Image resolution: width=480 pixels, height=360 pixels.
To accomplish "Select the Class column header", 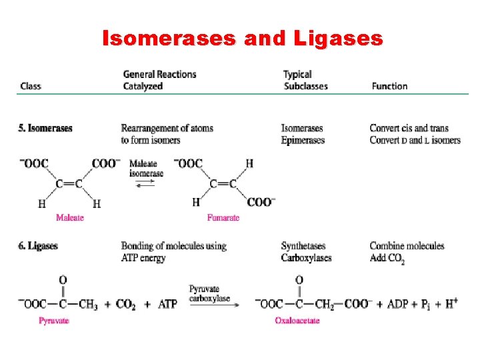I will tap(31, 86).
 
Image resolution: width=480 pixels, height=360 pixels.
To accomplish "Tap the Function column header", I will tap(389, 86).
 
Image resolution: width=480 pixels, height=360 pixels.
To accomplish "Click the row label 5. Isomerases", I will tap(45, 128).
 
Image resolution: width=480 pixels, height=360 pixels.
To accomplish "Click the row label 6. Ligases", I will tap(38, 246).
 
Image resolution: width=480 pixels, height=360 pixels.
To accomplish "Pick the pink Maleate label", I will tap(69, 217).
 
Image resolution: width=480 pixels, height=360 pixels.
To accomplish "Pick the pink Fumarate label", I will tap(223, 217).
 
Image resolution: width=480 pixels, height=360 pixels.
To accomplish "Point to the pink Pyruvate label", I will tap(54, 321).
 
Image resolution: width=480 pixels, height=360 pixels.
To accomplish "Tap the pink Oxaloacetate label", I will tap(297, 321).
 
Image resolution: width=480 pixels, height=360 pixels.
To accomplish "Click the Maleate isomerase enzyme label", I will tap(145, 168).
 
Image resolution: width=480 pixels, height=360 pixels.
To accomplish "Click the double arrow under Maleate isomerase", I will tap(145, 183).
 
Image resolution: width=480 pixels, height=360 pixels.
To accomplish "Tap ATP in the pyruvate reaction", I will tap(167, 305).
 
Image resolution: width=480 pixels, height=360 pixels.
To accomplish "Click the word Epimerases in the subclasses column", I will tap(303, 140).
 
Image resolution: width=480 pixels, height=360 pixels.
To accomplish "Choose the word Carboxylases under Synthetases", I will tap(306, 258).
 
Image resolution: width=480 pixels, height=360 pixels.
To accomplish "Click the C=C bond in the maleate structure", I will tap(69, 184).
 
